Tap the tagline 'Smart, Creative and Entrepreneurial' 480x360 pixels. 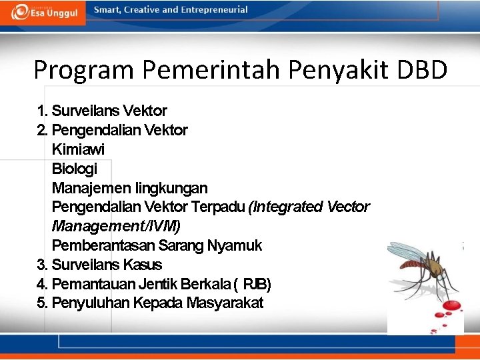pyautogui.click(x=171, y=10)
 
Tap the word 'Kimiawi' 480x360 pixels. pyautogui.click(x=78, y=149)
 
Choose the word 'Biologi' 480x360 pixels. pyautogui.click(x=74, y=169)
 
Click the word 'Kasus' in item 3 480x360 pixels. pyautogui.click(x=143, y=265)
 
